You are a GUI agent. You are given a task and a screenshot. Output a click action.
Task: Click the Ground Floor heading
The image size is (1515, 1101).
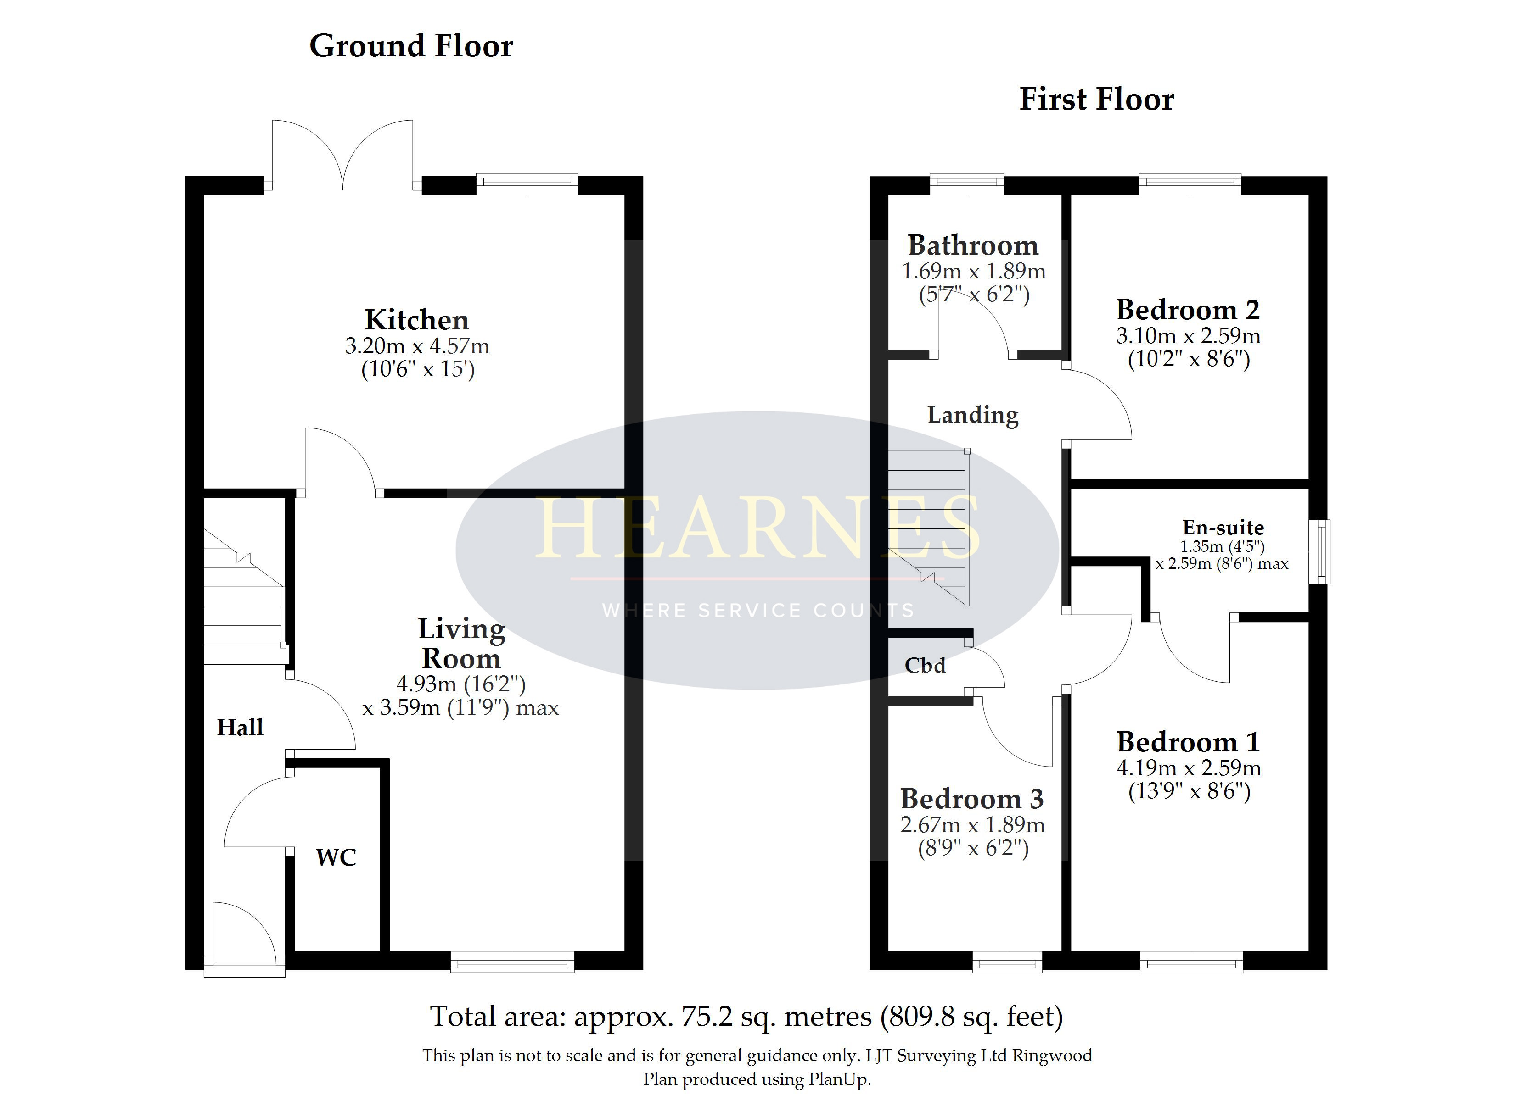click(411, 46)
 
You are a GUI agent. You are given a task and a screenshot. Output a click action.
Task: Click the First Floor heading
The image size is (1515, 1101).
click(1096, 100)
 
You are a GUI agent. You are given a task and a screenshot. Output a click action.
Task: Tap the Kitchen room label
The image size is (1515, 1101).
click(417, 320)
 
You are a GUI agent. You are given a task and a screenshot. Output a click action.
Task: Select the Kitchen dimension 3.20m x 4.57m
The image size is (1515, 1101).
click(417, 346)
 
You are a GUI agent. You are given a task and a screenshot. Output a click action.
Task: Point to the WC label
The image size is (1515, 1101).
click(336, 857)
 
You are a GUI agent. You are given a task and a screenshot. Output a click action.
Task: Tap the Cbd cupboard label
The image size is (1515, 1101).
click(925, 665)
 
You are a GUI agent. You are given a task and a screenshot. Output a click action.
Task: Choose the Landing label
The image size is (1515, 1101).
click(973, 415)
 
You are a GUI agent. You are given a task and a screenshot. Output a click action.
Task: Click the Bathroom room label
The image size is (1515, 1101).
click(973, 245)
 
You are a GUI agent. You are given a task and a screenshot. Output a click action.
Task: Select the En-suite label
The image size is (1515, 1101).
click(1223, 528)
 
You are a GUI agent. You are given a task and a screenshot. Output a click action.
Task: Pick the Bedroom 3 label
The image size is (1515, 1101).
click(972, 799)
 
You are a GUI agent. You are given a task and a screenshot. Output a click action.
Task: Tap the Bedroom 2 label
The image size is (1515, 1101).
click(1188, 310)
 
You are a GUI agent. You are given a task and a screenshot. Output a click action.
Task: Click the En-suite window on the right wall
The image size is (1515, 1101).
click(1319, 551)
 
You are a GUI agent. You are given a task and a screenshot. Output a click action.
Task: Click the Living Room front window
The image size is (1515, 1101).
click(512, 962)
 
